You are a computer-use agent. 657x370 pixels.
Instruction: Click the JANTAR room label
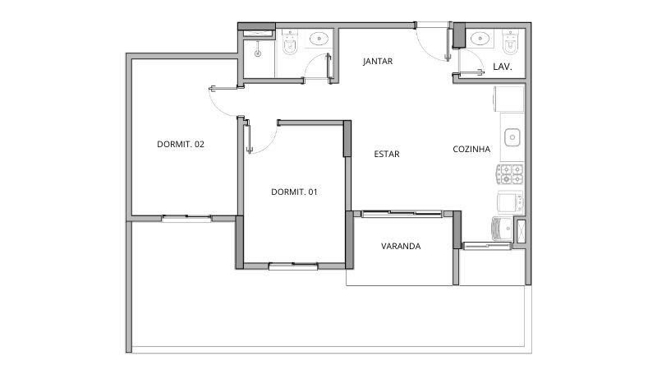(x=378, y=61)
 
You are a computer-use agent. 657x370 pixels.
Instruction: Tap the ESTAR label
(x=386, y=154)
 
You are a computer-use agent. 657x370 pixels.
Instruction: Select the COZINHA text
(x=471, y=149)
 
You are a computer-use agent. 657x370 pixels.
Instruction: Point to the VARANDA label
(x=401, y=246)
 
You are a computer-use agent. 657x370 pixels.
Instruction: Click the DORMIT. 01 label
(x=294, y=192)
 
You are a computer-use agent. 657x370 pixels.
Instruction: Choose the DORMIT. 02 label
(x=181, y=145)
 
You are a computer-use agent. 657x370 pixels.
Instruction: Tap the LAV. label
(x=503, y=67)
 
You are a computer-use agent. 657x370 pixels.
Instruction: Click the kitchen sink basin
(x=512, y=137)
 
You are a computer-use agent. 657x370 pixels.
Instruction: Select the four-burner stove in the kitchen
(x=510, y=174)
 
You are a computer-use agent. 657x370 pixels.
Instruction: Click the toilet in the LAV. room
(x=510, y=42)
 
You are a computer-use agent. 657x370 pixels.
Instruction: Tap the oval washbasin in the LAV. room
(x=480, y=39)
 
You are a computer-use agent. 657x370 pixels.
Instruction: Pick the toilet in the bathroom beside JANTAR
(x=290, y=43)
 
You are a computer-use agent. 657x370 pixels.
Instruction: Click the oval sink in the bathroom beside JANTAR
(x=319, y=39)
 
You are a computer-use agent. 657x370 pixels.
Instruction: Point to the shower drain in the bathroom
(x=258, y=53)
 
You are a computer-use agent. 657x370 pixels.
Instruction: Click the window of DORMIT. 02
(x=186, y=218)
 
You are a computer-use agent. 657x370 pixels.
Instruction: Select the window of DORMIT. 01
(x=293, y=265)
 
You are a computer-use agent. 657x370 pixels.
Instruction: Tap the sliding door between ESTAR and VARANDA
(x=402, y=214)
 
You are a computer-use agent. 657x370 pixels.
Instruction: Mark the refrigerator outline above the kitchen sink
(x=508, y=99)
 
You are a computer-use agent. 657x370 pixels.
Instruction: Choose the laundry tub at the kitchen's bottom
(x=502, y=229)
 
